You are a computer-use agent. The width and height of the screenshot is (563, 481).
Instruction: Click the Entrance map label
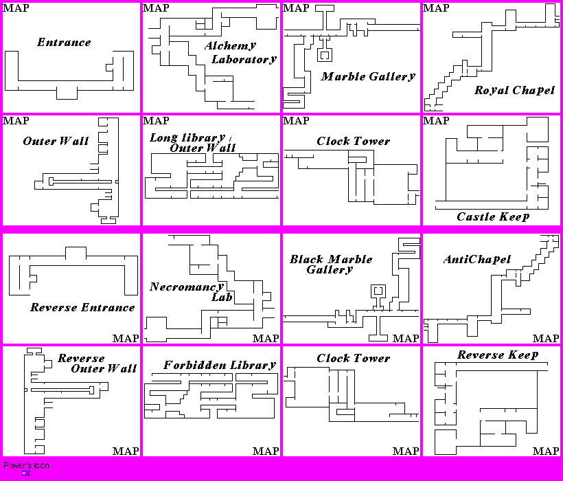pyautogui.click(x=64, y=43)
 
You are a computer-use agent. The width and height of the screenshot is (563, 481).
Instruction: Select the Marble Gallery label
pyautogui.click(x=368, y=76)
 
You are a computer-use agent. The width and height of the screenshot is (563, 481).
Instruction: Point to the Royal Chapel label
pyautogui.click(x=514, y=90)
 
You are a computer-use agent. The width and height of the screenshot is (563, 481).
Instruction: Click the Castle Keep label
pyautogui.click(x=493, y=216)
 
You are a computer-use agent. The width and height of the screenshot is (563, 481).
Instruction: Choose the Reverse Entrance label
pyautogui.click(x=82, y=307)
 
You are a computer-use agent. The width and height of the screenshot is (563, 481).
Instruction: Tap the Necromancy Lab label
pyautogui.click(x=187, y=291)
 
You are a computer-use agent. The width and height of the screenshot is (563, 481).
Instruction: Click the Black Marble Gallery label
pyautogui.click(x=331, y=264)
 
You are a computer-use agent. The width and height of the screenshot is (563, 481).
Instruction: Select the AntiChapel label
pyautogui.click(x=477, y=259)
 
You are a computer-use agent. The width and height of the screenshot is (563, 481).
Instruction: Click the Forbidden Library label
pyautogui.click(x=220, y=365)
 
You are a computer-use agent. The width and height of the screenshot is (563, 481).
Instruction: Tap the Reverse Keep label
pyautogui.click(x=498, y=355)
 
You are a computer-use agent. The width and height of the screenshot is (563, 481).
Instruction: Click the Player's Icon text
pyautogui.click(x=26, y=465)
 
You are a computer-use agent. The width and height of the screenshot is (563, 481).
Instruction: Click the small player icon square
pyautogui.click(x=25, y=473)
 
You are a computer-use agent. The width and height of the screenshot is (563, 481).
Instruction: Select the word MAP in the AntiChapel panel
pyautogui.click(x=546, y=338)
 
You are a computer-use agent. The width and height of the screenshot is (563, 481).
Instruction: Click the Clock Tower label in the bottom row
pyautogui.click(x=353, y=358)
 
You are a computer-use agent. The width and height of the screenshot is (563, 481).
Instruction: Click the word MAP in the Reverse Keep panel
pyautogui.click(x=546, y=451)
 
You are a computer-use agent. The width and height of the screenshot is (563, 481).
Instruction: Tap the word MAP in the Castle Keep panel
pyautogui.click(x=437, y=121)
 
